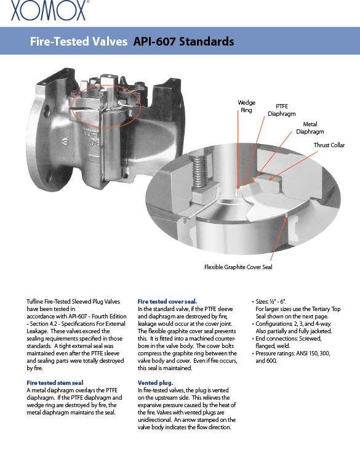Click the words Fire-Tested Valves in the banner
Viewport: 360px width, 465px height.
(79, 41)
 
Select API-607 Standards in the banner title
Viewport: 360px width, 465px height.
(184, 41)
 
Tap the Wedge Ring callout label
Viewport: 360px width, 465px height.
(246, 106)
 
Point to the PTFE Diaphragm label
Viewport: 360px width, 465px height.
(281, 110)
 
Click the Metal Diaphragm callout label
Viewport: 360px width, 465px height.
(310, 128)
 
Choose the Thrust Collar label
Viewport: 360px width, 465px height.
(329, 145)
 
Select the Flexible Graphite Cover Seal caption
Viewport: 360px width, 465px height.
(238, 267)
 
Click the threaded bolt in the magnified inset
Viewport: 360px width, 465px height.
(199, 171)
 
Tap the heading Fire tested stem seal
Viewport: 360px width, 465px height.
(55, 383)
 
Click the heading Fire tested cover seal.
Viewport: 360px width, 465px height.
(167, 302)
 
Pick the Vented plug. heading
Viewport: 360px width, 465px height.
(155, 383)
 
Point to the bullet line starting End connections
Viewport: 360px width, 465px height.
(287, 339)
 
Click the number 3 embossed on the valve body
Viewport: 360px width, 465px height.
(65, 142)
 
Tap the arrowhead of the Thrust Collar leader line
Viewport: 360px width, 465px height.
(271, 179)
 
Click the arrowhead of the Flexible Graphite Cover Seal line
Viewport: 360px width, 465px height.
(286, 220)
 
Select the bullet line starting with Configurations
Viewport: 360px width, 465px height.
(292, 324)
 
